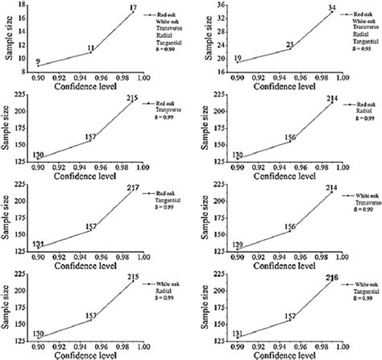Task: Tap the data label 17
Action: click(133, 7)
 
